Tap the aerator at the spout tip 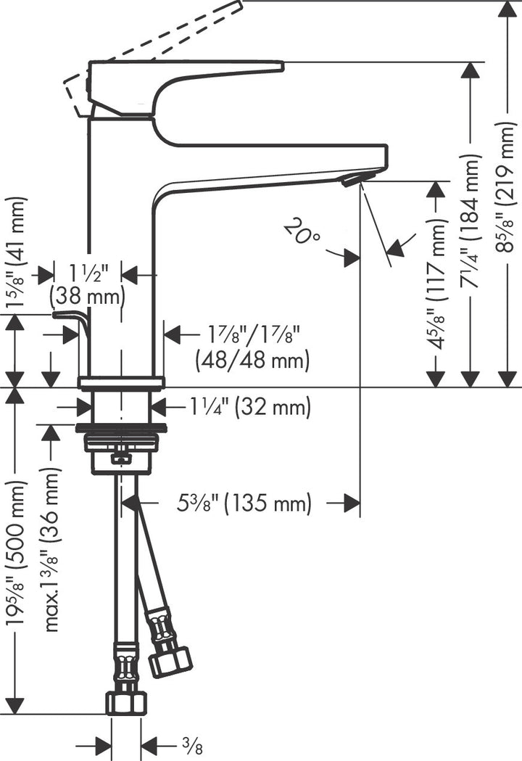click(x=353, y=178)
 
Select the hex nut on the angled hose click(x=170, y=661)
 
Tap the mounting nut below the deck click(x=122, y=442)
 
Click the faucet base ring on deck click(x=122, y=383)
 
